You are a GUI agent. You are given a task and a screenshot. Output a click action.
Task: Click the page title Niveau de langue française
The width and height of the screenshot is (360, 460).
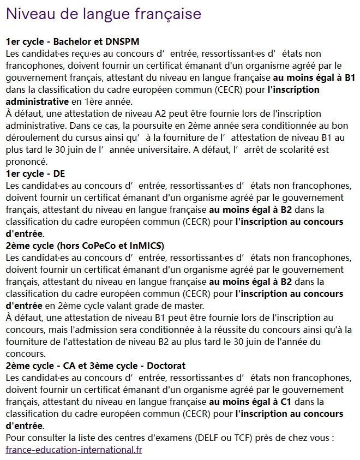pos(104,14)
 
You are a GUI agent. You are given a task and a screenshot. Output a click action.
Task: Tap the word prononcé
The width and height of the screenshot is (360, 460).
pos(27,162)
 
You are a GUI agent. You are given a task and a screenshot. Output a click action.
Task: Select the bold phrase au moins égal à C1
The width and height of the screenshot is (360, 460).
pos(250,402)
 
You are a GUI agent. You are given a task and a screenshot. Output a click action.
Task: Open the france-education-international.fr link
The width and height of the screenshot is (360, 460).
pos(74,450)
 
